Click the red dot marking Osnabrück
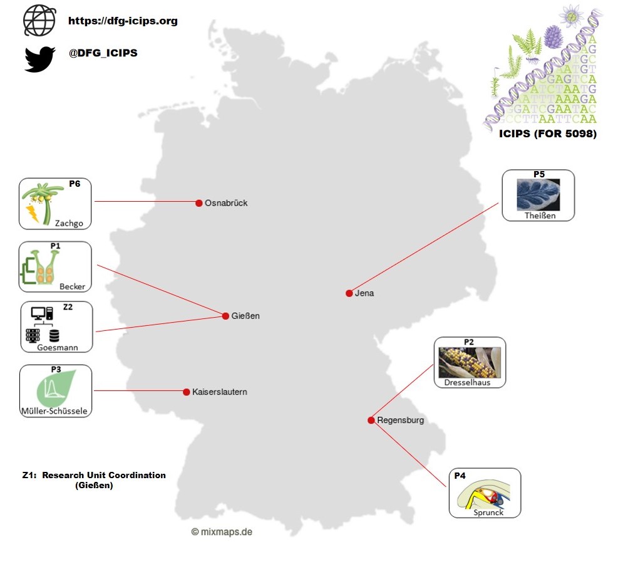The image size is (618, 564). click(199, 203)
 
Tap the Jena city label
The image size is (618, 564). click(364, 293)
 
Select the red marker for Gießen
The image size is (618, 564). click(225, 316)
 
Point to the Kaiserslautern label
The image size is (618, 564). click(219, 392)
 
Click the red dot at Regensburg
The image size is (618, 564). click(371, 420)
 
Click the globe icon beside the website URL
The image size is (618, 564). click(39, 21)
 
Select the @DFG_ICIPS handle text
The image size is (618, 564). click(103, 53)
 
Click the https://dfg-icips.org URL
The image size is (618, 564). click(123, 21)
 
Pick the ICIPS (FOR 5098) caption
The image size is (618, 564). click(547, 133)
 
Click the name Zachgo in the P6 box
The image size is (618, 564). click(69, 223)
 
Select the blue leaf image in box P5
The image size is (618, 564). click(538, 194)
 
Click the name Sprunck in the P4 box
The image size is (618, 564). click(488, 513)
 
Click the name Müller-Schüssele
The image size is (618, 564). click(55, 412)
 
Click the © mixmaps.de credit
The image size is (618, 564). click(222, 531)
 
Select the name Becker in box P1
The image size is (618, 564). click(72, 286)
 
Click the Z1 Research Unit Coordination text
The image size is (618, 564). click(94, 480)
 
